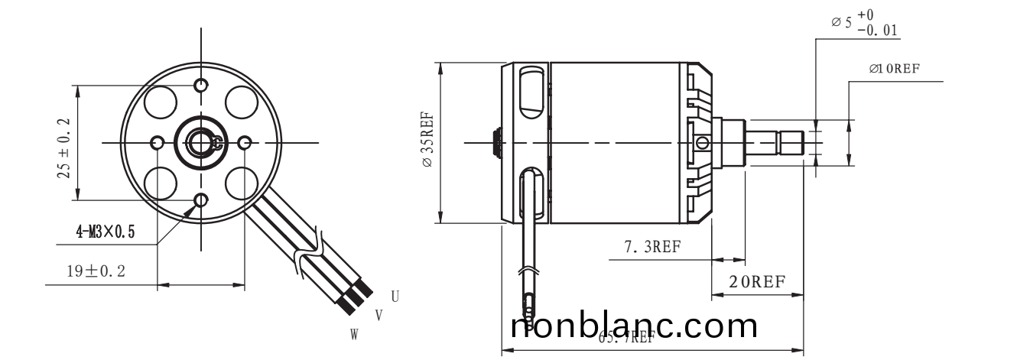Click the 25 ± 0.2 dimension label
pos(64,148)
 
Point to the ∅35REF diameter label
pos(427,143)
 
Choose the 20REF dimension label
pos(756,281)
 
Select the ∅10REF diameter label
pos(894,68)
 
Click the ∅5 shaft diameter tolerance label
pos(864,23)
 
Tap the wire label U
pos(395,296)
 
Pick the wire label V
pos(379,315)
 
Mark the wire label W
pos(355,334)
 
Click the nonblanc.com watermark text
pos(634,326)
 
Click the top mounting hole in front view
pos(201,84)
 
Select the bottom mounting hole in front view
pos(201,201)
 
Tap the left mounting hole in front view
pos(158,143)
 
